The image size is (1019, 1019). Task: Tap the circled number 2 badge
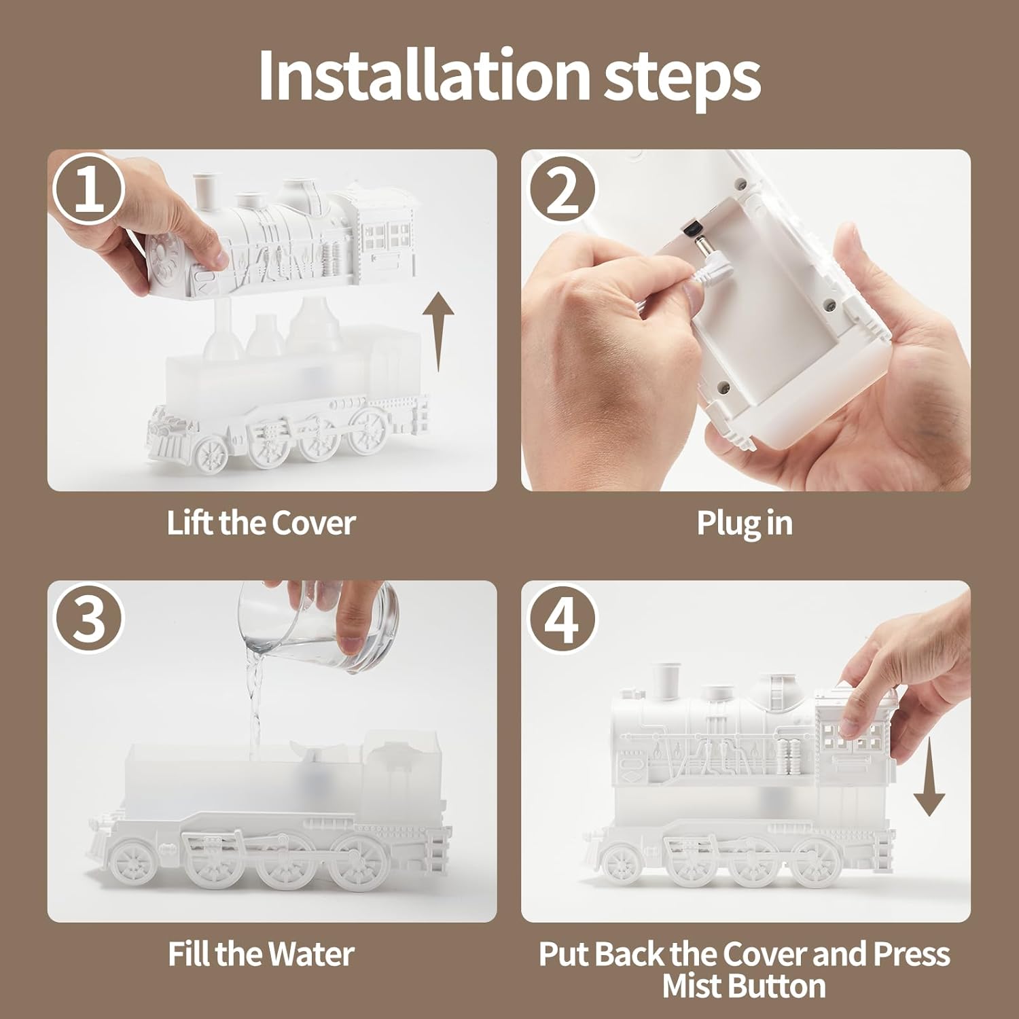coord(562,191)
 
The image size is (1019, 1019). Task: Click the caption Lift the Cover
coord(261,523)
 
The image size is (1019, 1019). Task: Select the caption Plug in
coord(745,524)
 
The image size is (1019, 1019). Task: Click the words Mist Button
coord(744,986)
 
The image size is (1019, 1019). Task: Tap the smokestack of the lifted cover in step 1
coord(202,192)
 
